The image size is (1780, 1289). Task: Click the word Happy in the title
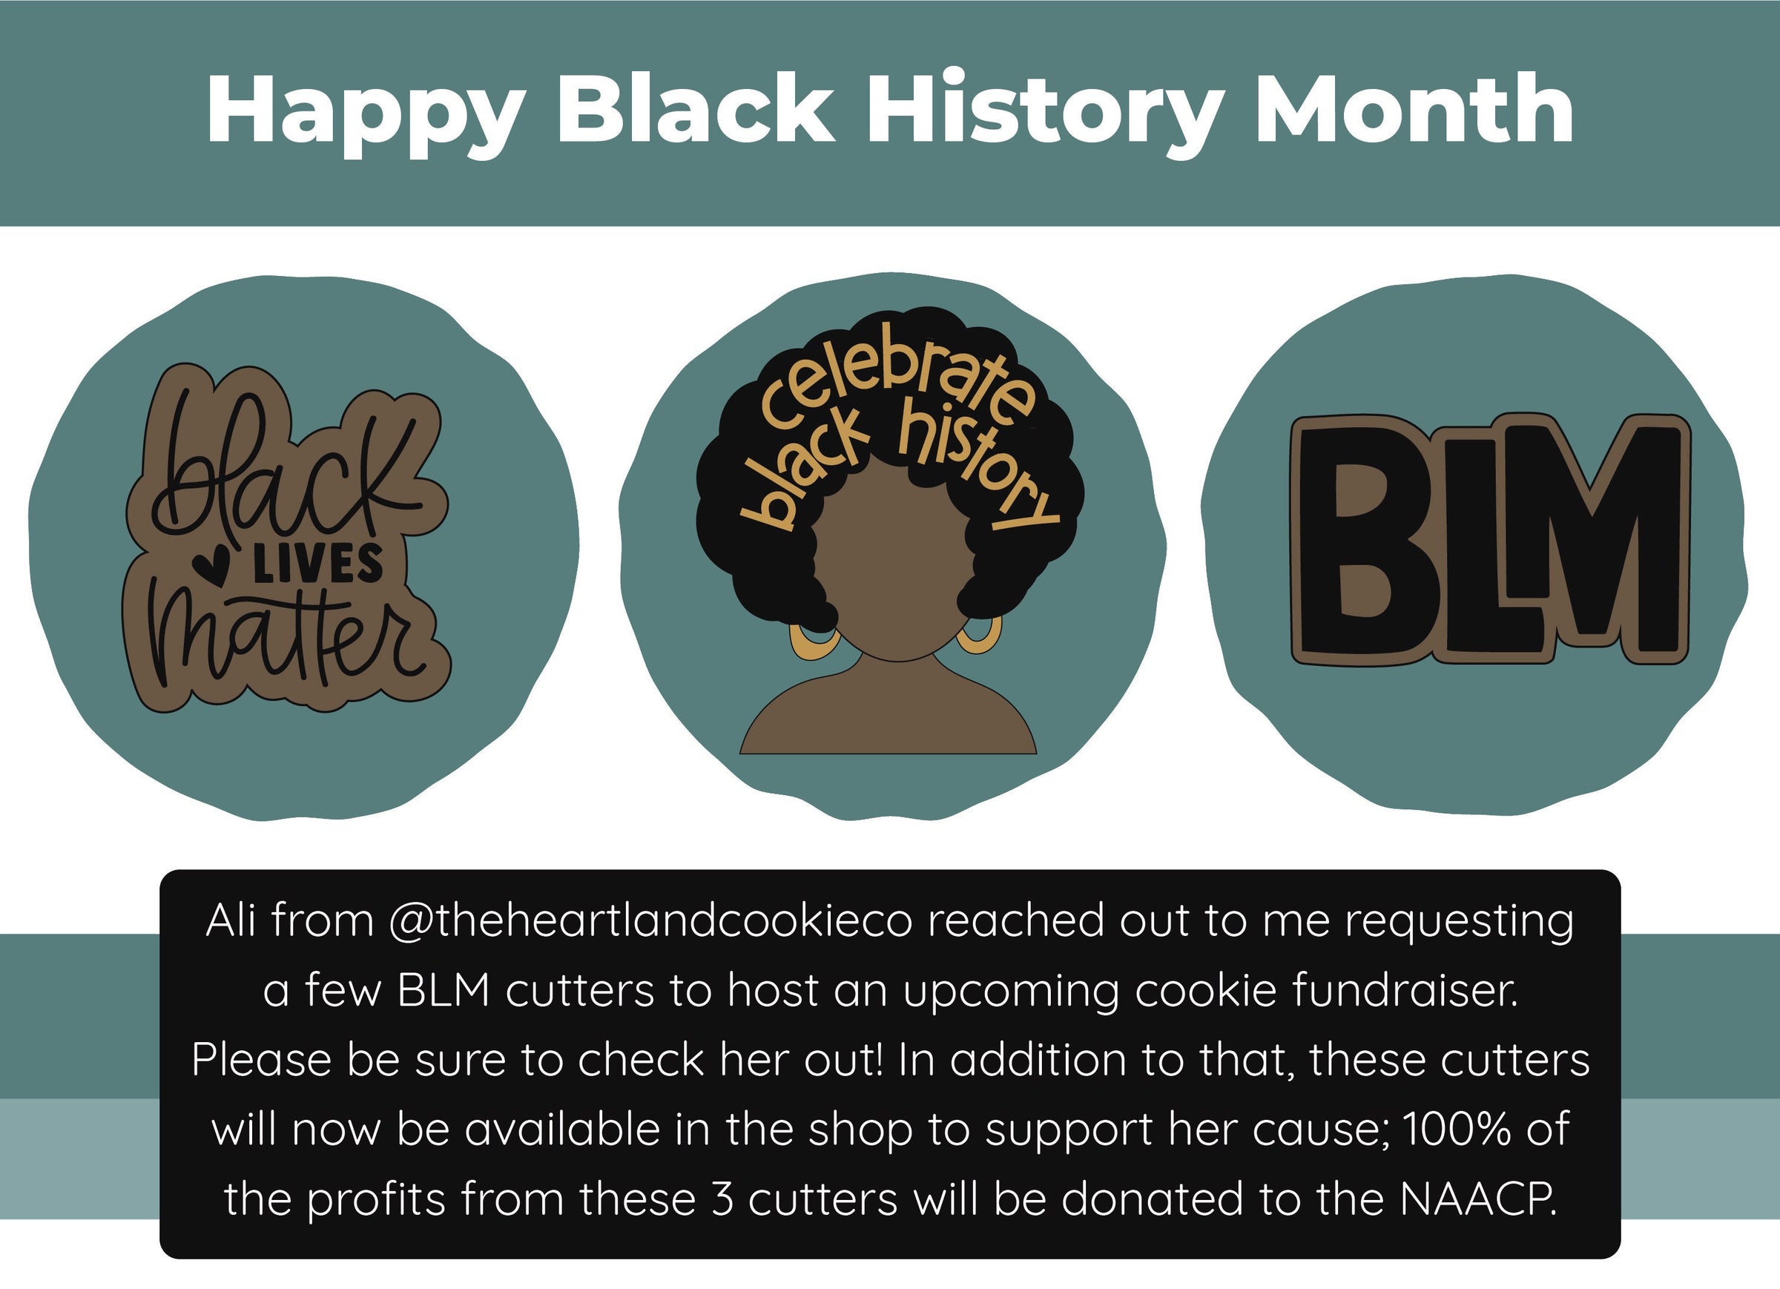pos(365,113)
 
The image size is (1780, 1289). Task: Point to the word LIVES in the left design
pos(317,564)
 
